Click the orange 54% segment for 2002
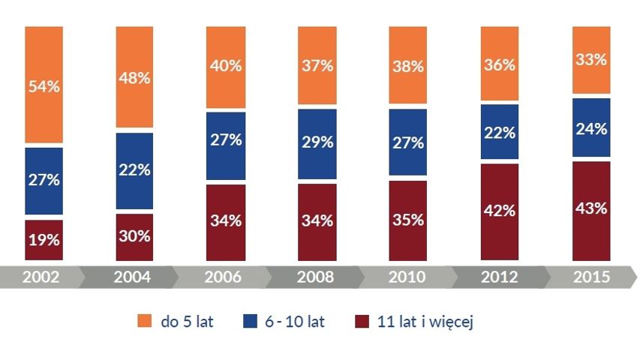pos(44,85)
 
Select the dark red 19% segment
pos(44,240)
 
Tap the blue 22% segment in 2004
pos(135,171)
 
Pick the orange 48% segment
pos(135,77)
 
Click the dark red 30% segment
pos(135,237)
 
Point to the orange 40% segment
pos(226,67)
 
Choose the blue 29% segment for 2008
pos(317,144)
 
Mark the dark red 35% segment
pos(407,220)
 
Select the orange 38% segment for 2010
pos(407,65)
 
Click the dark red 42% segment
pos(500,211)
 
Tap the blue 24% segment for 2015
pos(591,127)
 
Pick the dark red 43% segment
pos(591,211)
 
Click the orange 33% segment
pos(591,60)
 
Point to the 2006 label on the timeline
pos(223,277)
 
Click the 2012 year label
pos(500,277)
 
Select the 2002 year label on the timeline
pos(41,277)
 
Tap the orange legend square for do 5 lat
pos(145,321)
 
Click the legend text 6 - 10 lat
pos(295,322)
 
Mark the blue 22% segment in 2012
pos(500,131)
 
